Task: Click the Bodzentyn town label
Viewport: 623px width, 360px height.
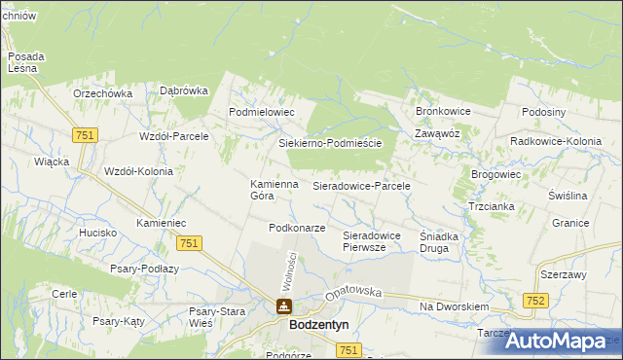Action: click(326, 326)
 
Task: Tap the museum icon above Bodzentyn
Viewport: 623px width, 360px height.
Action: click(283, 307)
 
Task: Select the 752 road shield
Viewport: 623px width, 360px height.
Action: click(534, 302)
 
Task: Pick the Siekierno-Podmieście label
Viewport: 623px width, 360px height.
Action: click(324, 143)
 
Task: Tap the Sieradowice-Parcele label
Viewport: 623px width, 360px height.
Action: click(361, 185)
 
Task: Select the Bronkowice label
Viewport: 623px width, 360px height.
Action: click(443, 112)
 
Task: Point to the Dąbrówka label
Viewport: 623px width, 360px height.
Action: click(184, 90)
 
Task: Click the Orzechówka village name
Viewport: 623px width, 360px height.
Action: click(102, 93)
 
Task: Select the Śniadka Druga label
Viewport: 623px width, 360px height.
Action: click(446, 241)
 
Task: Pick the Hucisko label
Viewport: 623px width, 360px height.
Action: click(98, 234)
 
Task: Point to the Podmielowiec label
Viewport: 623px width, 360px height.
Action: click(261, 113)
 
